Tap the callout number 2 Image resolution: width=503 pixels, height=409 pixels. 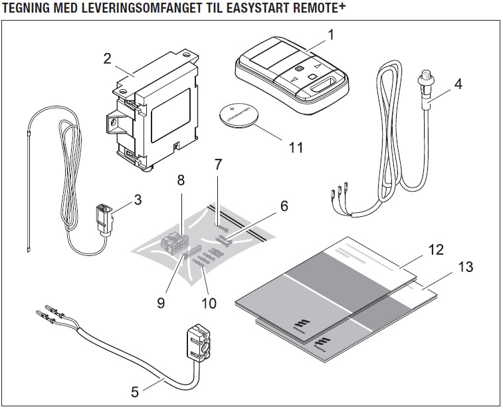pyautogui.click(x=106, y=58)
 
